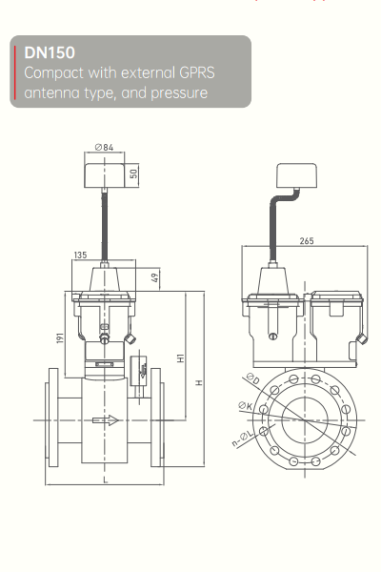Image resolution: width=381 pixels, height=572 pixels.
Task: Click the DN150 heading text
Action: pyautogui.click(x=50, y=52)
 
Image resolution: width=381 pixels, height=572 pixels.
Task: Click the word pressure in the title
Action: pyautogui.click(x=179, y=93)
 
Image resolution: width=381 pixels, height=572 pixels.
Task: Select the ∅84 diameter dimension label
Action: pyautogui.click(x=104, y=148)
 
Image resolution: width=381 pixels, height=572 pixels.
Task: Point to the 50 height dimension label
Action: pyautogui.click(x=134, y=174)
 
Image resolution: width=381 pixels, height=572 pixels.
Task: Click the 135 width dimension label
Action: pyautogui.click(x=80, y=255)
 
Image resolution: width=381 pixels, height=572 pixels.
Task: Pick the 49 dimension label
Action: pyautogui.click(x=154, y=278)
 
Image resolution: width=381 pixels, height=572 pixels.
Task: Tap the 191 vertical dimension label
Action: pyautogui.click(x=60, y=337)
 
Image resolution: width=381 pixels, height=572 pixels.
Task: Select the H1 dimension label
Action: pyautogui.click(x=180, y=358)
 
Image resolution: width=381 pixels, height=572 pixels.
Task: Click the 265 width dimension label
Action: pyautogui.click(x=307, y=241)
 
